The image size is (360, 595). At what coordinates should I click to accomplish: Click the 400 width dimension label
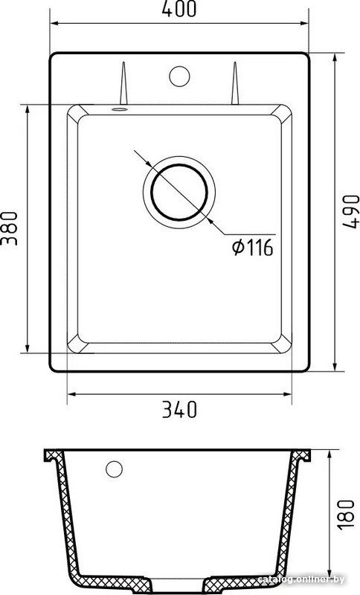[179, 9]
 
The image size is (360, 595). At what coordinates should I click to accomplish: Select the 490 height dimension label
[351, 212]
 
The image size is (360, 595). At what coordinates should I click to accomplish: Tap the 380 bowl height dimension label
[9, 228]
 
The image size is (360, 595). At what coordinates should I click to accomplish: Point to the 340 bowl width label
[179, 410]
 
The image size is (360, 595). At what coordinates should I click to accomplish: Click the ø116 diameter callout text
[253, 248]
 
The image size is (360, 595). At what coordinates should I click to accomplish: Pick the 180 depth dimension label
[346, 515]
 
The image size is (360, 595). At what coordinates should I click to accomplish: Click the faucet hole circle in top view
[179, 76]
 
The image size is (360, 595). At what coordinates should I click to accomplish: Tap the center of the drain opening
[179, 192]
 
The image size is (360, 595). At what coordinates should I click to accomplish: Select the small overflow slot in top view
[120, 109]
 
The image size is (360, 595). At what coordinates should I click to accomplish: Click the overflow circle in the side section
[115, 469]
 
